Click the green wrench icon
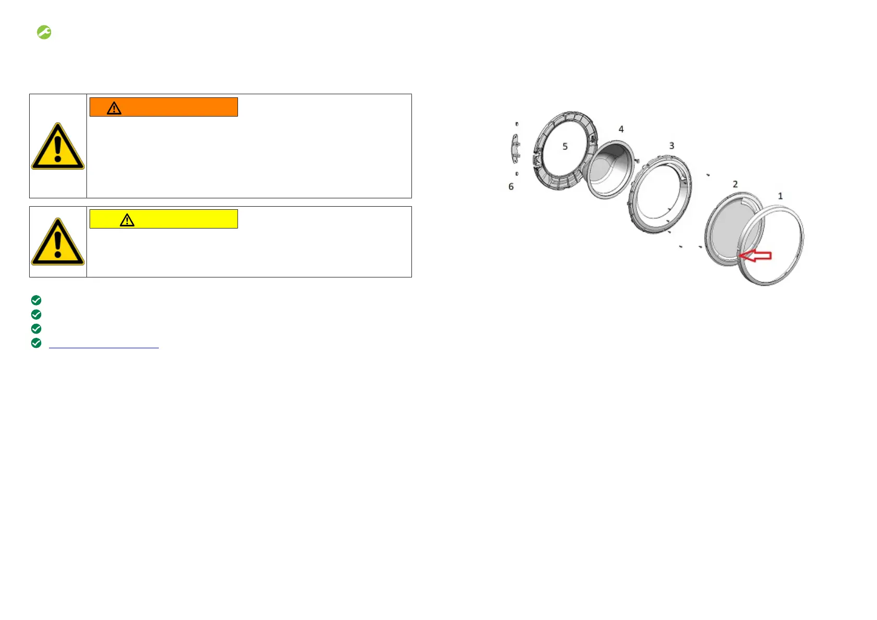coord(44,32)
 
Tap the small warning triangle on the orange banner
coord(114,108)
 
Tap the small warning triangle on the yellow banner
coord(127,220)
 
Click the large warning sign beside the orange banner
coord(58,146)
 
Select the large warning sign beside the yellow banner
coord(58,242)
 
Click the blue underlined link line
coord(104,348)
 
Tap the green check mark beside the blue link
coord(36,343)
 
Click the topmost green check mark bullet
coord(36,300)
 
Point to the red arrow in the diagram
coord(755,256)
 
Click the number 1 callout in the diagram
coord(780,196)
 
